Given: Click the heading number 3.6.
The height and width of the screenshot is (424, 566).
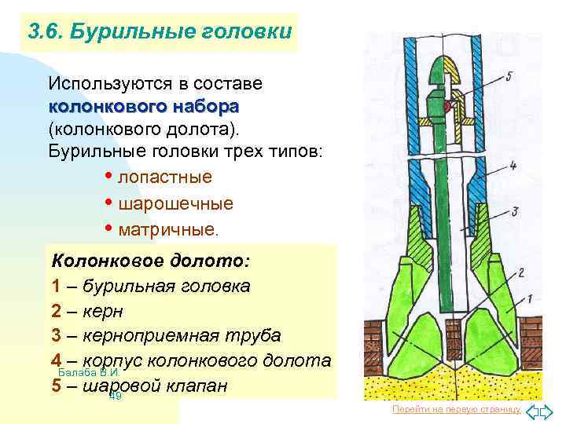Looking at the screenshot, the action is tap(45, 32).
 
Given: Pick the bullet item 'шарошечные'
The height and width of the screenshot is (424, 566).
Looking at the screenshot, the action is tap(175, 204).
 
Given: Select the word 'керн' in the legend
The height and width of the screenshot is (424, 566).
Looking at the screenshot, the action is tap(103, 311).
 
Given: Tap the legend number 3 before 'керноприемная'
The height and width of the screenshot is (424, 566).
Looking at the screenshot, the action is tap(57, 336).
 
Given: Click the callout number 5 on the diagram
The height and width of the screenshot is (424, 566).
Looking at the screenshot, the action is tap(509, 75).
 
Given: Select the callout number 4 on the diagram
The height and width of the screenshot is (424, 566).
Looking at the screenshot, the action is tap(512, 166).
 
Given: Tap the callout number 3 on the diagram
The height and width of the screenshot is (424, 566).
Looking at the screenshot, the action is tap(514, 211).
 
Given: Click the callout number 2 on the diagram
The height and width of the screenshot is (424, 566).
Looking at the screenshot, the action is tap(520, 272).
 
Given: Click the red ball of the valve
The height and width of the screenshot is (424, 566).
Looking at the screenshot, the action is tap(446, 105).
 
